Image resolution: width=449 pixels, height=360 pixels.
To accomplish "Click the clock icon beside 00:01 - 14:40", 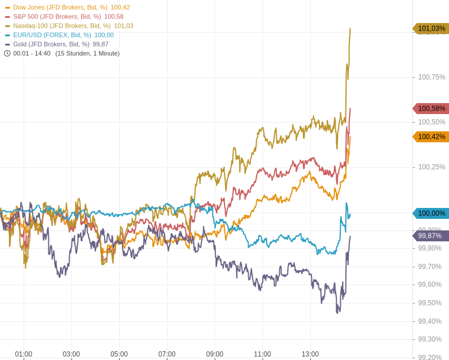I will point(7,54).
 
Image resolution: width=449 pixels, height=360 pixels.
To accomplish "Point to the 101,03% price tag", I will point(431,29).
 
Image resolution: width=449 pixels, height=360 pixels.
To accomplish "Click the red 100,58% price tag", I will point(431,108).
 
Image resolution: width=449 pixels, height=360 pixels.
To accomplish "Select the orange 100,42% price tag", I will point(431,137).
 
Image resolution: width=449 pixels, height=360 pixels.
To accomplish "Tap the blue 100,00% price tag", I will point(431,213).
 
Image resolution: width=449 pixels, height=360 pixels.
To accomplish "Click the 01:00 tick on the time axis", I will point(24,354).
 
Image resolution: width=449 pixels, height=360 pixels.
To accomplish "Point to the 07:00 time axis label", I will point(167,354).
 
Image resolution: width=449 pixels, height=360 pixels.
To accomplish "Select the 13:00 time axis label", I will point(310,354).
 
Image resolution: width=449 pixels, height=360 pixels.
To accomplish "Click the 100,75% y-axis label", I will point(431,77).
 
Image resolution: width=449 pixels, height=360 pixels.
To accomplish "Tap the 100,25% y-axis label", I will point(431,167).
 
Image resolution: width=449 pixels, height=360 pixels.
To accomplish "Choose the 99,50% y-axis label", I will point(429,303).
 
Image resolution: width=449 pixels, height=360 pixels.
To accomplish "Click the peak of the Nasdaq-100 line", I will point(350,29).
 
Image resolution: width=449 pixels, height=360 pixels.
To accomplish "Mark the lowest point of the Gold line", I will point(337,313).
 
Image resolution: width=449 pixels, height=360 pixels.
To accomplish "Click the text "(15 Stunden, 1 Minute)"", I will point(87,54).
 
